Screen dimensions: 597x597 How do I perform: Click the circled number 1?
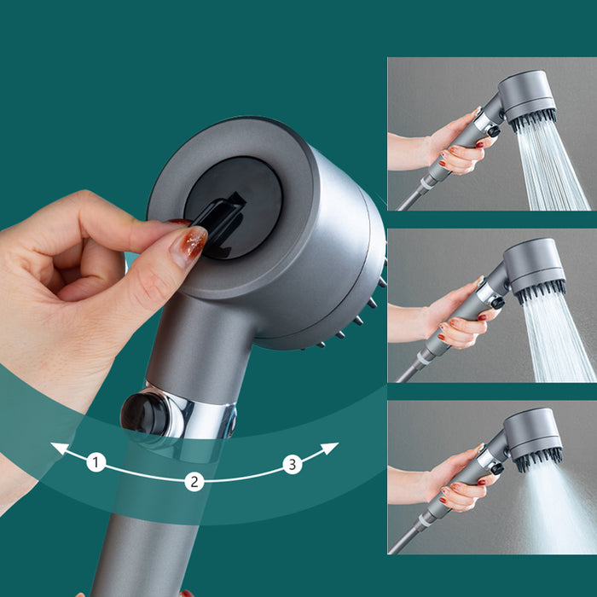coord(96,463)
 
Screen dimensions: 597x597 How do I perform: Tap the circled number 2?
coord(194,481)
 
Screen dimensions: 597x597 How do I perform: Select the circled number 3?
coord(293,465)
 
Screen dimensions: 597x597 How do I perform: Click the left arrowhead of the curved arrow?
coord(56,447)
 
